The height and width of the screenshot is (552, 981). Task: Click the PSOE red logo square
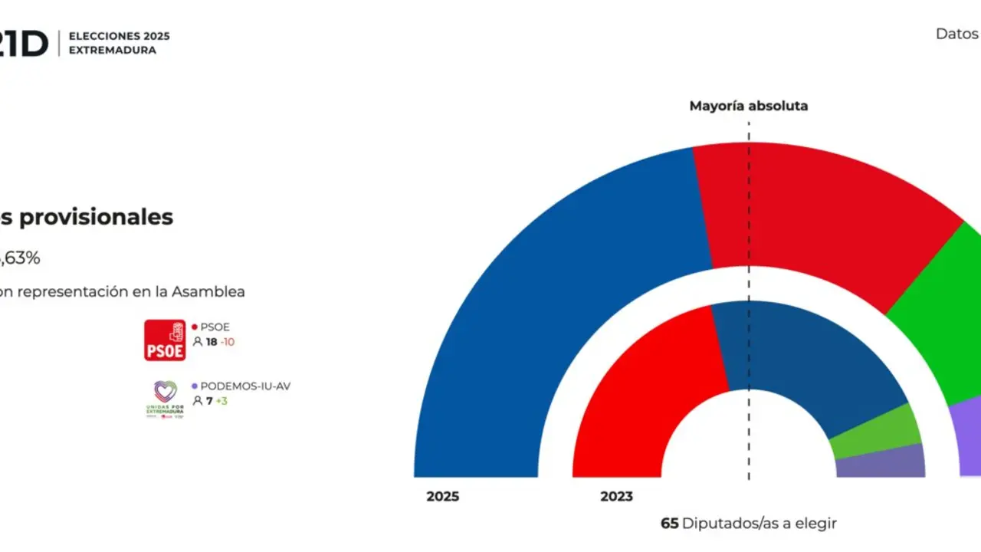click(165, 340)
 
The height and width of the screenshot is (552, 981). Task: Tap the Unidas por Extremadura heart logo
click(165, 399)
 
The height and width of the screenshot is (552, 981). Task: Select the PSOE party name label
click(215, 327)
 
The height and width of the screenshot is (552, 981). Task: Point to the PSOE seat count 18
click(212, 342)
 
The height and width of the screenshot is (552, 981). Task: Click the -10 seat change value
click(228, 342)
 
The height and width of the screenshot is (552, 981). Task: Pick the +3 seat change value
click(221, 401)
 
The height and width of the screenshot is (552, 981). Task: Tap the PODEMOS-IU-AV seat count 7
click(208, 401)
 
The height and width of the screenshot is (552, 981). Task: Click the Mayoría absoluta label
click(748, 107)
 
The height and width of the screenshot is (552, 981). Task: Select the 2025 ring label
click(443, 497)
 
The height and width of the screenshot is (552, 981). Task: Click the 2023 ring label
click(616, 497)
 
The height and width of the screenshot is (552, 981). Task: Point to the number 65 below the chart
click(669, 524)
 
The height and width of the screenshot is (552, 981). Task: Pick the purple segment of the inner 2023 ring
click(881, 462)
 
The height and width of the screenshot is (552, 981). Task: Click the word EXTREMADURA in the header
click(112, 51)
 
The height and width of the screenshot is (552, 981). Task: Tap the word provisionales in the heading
click(96, 217)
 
